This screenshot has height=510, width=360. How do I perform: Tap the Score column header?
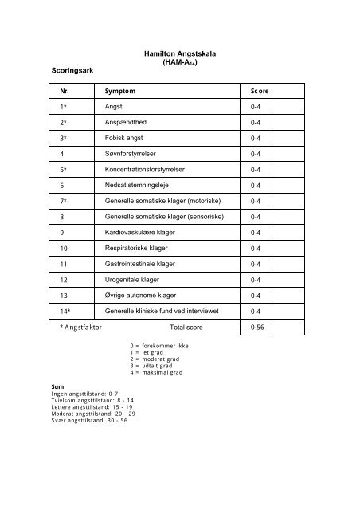[260, 91]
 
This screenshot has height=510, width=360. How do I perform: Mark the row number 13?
[65, 295]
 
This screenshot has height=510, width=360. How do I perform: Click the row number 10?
[65, 248]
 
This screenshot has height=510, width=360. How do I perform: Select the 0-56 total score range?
[257, 327]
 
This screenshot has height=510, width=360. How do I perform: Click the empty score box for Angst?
[289, 106]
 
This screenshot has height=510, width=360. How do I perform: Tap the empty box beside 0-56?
[289, 327]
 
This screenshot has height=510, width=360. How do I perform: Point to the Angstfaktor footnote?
[80, 327]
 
